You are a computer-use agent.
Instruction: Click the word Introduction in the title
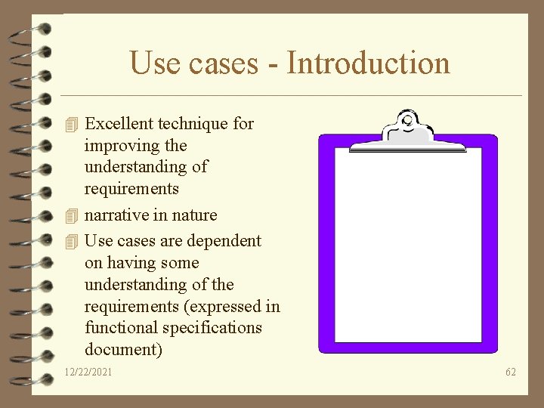click(368, 63)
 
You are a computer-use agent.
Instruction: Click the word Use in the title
click(156, 63)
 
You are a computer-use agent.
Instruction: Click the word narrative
click(116, 215)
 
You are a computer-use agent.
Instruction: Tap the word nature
click(194, 215)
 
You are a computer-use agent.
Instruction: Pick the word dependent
click(224, 241)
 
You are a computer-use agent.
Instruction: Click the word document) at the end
click(122, 350)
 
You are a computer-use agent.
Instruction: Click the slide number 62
click(511, 372)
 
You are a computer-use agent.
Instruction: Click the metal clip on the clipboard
click(408, 126)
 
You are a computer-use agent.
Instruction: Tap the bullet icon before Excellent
click(72, 124)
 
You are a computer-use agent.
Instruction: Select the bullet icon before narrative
click(72, 216)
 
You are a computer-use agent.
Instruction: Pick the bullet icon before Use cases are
click(72, 242)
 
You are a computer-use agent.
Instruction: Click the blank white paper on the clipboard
click(408, 242)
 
